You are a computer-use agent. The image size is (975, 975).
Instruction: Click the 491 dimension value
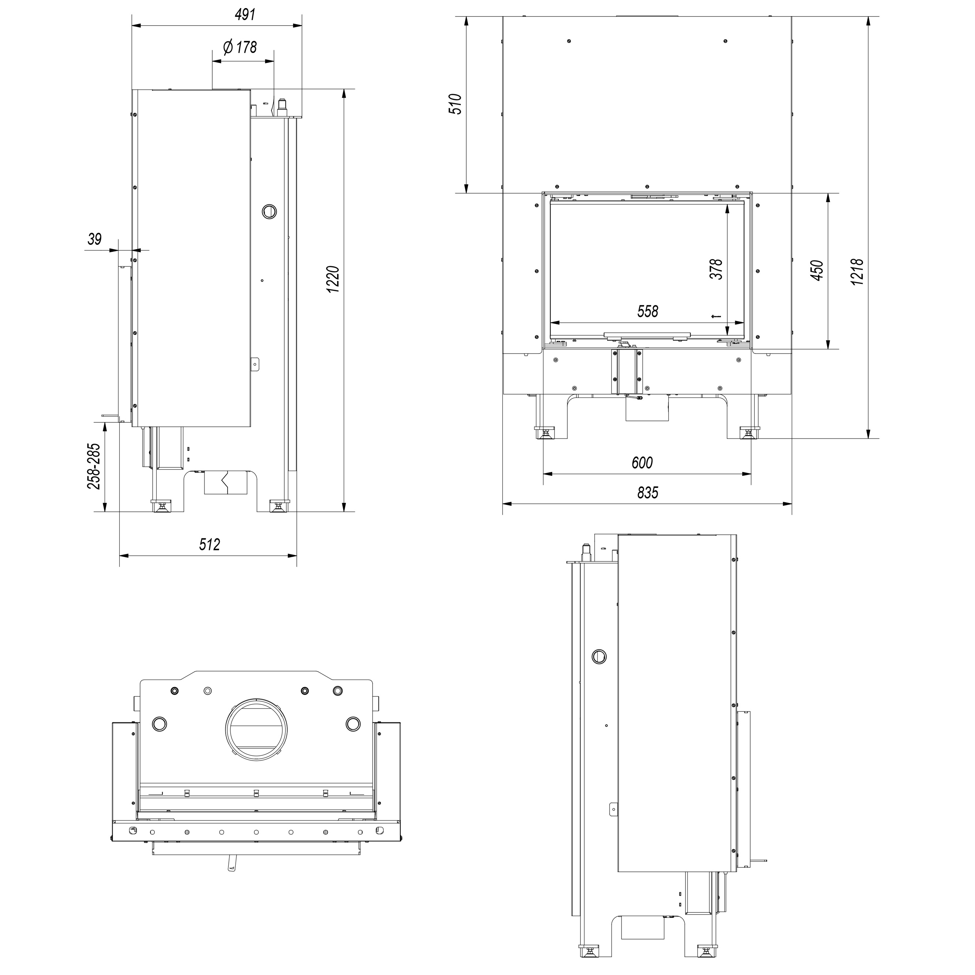pos(245,15)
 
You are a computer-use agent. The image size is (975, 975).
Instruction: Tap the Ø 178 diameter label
pos(240,48)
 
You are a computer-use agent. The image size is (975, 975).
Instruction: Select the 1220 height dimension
pos(333,279)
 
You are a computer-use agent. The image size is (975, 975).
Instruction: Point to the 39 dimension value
pos(94,239)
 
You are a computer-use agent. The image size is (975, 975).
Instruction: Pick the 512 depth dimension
pos(209,545)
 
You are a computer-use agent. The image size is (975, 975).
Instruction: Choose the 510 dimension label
pos(456,104)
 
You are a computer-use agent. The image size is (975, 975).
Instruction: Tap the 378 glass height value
pos(716,269)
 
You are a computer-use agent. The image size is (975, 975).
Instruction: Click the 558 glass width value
pos(647,311)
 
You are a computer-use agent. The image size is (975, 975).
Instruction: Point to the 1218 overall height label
pos(858,272)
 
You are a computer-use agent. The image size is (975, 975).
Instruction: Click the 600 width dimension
pos(642,462)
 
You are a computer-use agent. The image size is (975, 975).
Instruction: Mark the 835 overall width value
pos(647,492)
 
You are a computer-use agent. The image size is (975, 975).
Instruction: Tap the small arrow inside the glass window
pos(716,317)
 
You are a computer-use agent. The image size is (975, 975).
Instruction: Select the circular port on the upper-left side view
pos(270,211)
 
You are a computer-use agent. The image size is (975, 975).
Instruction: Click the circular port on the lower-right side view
pos(599,657)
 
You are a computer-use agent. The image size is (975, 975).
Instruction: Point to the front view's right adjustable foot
pos(749,433)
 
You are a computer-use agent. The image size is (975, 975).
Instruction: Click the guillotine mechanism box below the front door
pos(627,371)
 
